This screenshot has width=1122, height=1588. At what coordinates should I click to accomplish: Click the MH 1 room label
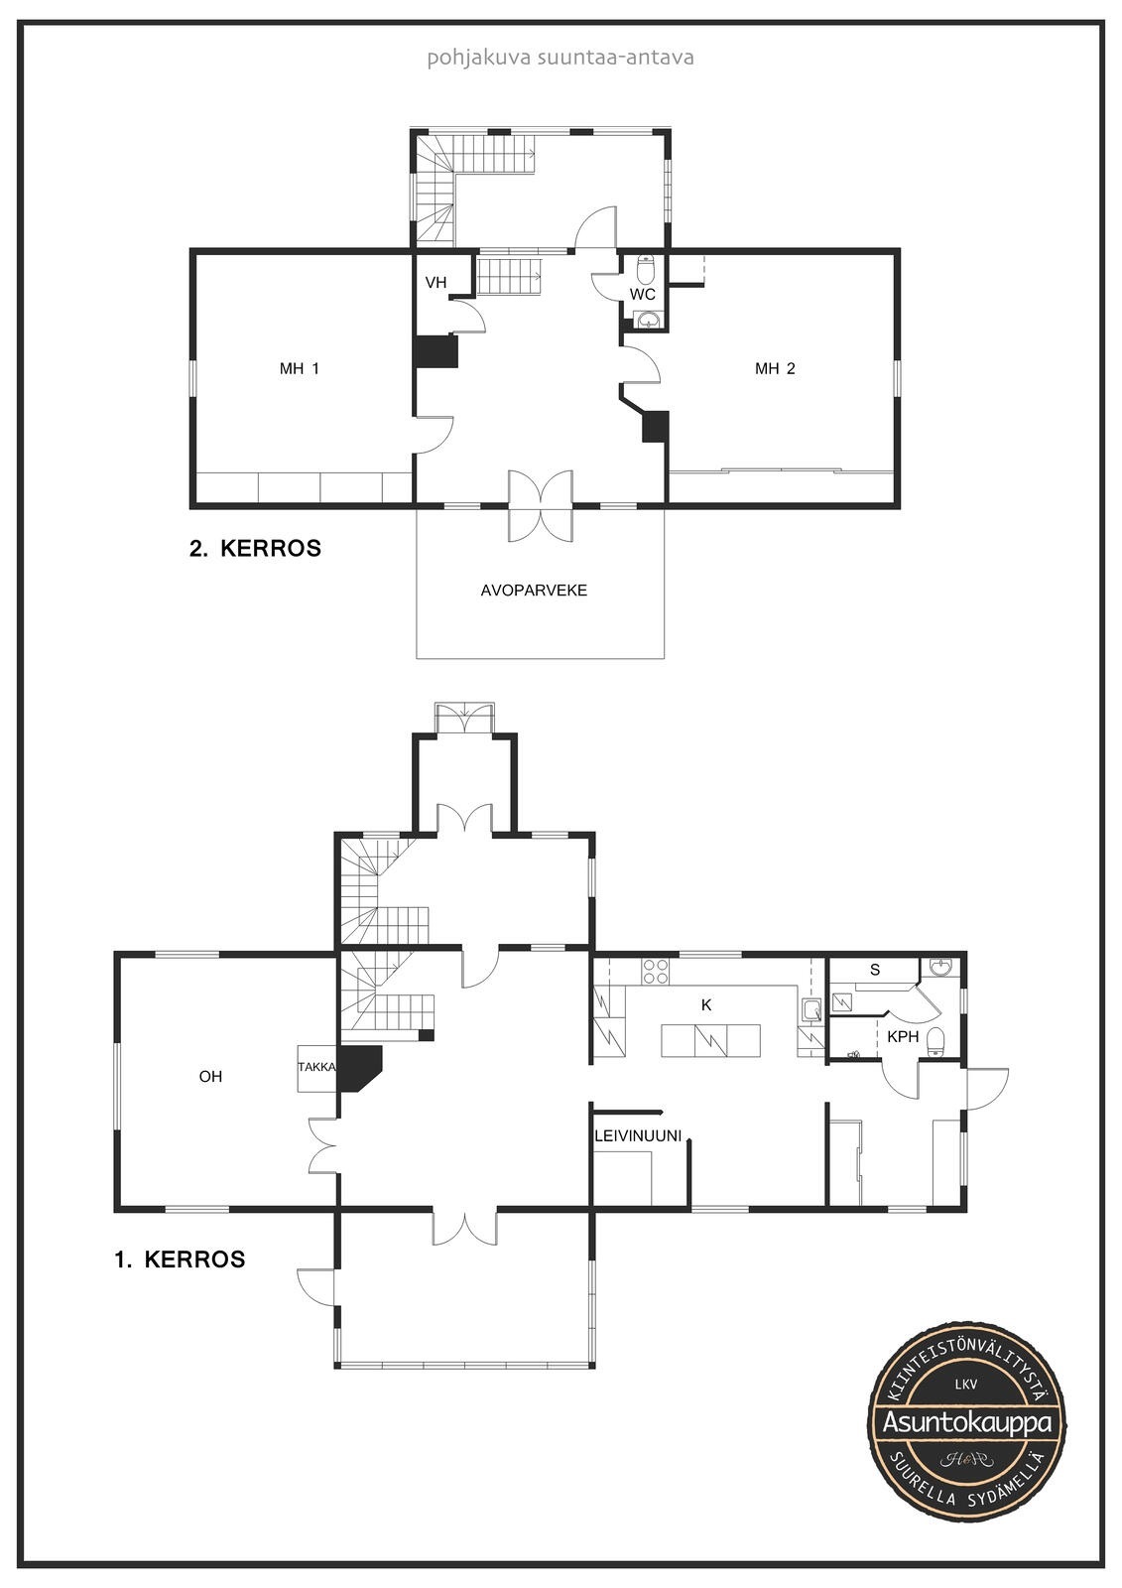[300, 368]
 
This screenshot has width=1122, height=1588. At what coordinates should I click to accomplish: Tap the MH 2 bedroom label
[775, 368]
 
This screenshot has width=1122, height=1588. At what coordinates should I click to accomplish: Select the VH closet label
[436, 283]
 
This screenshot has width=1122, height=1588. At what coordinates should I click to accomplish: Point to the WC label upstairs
[643, 294]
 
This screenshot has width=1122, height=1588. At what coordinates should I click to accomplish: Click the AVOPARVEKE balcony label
[534, 591]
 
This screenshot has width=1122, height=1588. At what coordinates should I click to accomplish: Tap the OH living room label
[210, 1077]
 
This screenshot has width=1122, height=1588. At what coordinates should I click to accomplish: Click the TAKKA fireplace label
[316, 1067]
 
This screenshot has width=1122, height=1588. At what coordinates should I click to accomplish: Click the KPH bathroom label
[903, 1037]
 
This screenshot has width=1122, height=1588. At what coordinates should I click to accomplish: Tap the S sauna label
[875, 970]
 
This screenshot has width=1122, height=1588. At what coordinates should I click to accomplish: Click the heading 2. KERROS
[255, 549]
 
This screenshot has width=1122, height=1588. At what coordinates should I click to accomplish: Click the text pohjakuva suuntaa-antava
[560, 58]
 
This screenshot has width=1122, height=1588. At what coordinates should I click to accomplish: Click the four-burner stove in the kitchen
[656, 972]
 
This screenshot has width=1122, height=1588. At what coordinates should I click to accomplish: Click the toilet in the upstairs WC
[646, 268]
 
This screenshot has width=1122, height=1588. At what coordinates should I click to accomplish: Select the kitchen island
[711, 1041]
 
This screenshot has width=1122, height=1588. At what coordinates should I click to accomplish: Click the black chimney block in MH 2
[656, 427]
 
